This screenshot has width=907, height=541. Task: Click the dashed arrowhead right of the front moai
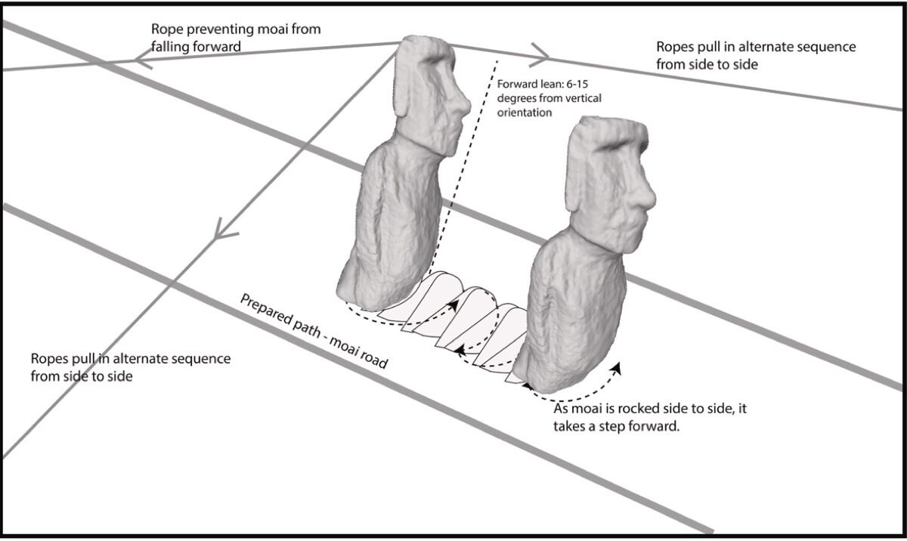pos(618,368)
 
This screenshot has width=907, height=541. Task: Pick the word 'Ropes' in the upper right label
pos(676,47)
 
